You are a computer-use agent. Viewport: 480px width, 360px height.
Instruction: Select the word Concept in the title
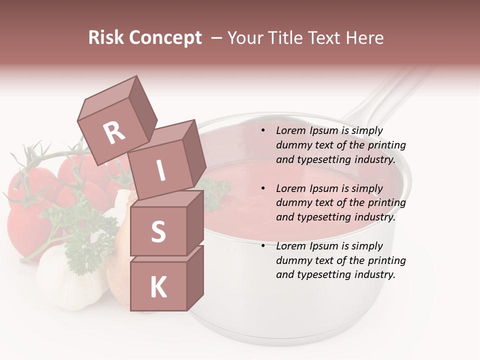[x=165, y=38]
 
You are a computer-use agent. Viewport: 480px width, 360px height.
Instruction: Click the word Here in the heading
[x=364, y=38]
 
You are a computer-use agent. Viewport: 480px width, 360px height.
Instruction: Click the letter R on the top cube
[x=114, y=132]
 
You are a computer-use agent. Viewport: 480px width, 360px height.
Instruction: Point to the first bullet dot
[x=262, y=131]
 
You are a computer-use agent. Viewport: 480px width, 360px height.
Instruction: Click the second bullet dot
[x=262, y=189]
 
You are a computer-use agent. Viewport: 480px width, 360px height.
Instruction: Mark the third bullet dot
[x=262, y=246]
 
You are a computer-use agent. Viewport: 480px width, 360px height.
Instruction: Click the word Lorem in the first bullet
[x=290, y=131]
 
